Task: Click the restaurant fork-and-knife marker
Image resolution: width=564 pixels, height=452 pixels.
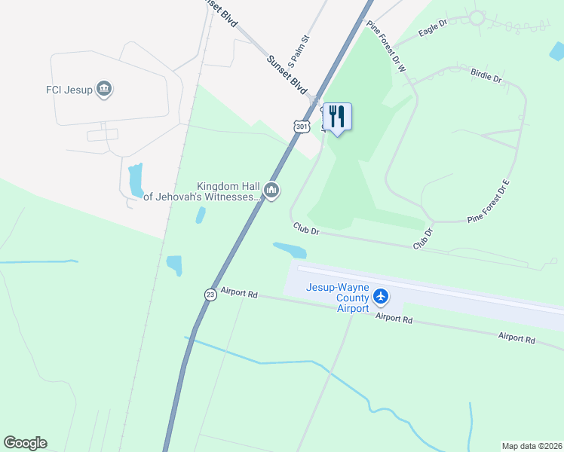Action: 337,117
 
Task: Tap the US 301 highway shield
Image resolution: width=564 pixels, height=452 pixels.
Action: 302,127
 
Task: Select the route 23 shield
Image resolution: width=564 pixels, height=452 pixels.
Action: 210,295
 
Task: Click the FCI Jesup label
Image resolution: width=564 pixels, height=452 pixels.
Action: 69,90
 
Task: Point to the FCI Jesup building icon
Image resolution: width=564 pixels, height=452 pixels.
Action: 105,90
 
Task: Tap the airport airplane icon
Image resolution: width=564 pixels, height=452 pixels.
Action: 381,295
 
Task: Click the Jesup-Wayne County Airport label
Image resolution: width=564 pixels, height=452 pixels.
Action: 337,297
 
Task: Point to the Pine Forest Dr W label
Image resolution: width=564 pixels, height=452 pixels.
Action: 387,46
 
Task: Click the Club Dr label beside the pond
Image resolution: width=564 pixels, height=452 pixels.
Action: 307,229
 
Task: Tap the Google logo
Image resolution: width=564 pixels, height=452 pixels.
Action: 25,443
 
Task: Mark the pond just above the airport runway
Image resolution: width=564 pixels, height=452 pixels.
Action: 290,249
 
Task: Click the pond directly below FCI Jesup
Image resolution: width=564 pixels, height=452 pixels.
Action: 136,180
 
